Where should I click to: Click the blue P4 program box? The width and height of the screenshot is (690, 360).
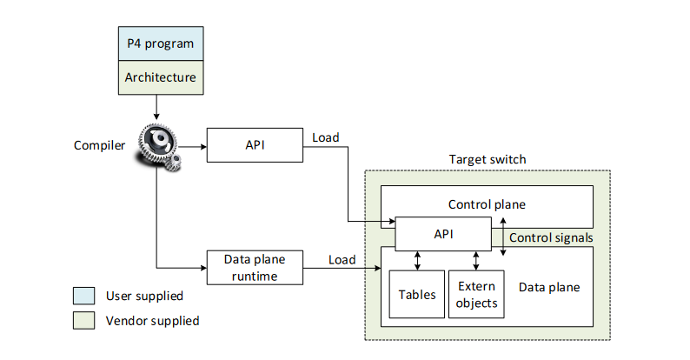[156, 43]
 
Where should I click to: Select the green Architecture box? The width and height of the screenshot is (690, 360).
[156, 77]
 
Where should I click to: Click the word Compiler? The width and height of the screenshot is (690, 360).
[100, 144]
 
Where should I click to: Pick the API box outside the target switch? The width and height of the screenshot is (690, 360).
[254, 144]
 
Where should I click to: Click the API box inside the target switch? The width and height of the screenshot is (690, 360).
[442, 233]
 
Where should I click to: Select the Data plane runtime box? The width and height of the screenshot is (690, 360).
[254, 267]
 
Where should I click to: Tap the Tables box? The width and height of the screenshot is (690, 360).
[417, 294]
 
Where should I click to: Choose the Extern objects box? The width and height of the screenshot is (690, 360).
[475, 294]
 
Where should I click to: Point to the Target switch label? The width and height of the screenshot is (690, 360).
[487, 160]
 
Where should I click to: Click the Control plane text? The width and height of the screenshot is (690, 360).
[487, 206]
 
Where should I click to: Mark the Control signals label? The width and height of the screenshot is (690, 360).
[551, 237]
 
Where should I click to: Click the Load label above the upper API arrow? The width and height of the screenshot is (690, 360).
[325, 137]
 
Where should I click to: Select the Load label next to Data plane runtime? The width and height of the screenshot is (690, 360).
[342, 259]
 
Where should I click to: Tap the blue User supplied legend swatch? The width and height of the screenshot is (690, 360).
[84, 297]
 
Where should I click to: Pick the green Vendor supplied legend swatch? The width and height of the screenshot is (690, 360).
[84, 321]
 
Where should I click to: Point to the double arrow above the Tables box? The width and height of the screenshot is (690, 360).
[418, 260]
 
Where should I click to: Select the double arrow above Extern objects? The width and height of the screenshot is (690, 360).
[475, 260]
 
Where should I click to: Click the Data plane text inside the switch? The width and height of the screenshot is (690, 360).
[548, 287]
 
